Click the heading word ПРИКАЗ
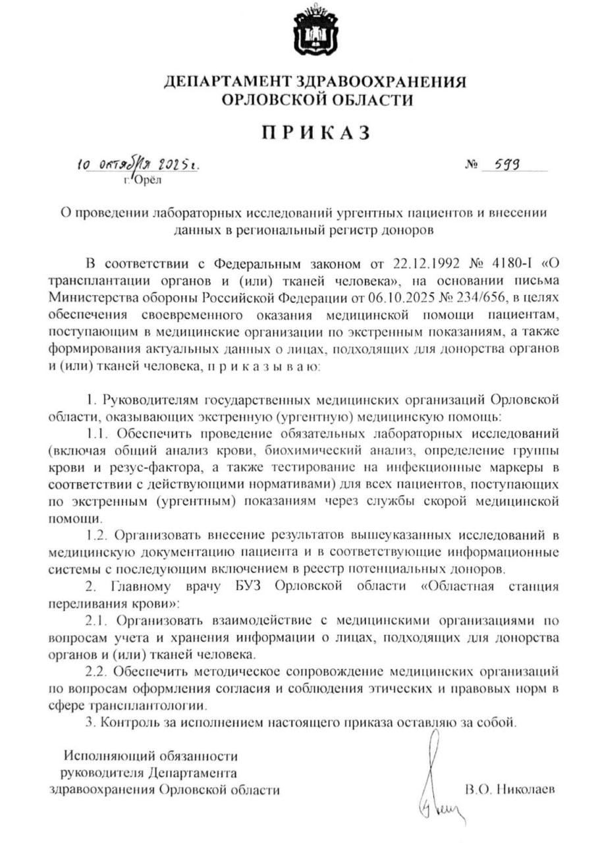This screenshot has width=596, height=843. [315, 133]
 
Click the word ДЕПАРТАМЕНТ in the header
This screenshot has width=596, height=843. [227, 83]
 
